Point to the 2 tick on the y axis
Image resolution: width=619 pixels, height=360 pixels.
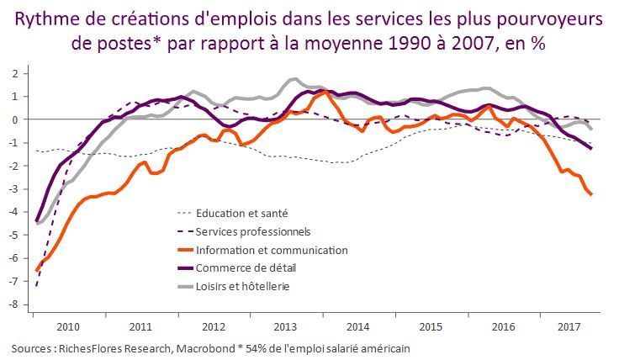click(x=14, y=73)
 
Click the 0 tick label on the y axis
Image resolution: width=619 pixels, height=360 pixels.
click(x=14, y=119)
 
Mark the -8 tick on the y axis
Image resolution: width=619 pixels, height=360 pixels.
click(x=13, y=304)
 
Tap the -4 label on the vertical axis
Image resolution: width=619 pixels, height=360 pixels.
click(x=13, y=212)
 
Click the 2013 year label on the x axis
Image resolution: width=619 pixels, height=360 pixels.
click(x=286, y=326)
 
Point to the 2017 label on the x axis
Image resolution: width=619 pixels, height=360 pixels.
click(x=568, y=326)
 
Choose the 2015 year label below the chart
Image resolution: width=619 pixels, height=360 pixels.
click(x=431, y=326)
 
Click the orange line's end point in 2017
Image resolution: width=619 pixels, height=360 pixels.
click(x=590, y=194)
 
